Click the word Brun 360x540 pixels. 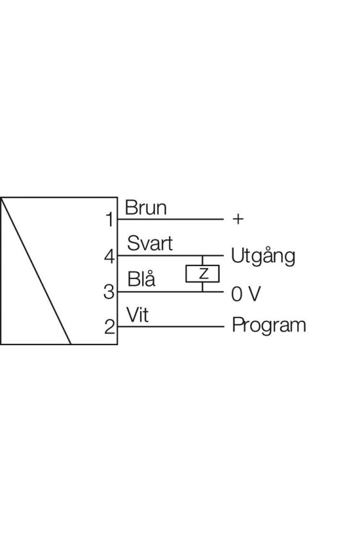pyautogui.click(x=146, y=208)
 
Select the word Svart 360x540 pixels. pyautogui.click(x=150, y=243)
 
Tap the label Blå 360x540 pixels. pyautogui.click(x=141, y=278)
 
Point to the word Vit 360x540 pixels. pyautogui.click(x=138, y=314)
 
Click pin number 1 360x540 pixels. pyautogui.click(x=109, y=219)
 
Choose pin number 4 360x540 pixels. pyautogui.click(x=109, y=256)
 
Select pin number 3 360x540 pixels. pyautogui.click(x=109, y=292)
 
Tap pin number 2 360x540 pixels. pyautogui.click(x=109, y=327)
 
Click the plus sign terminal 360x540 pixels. pyautogui.click(x=238, y=219)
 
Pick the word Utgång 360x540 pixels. pyautogui.click(x=263, y=256)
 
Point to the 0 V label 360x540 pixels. pyautogui.click(x=246, y=294)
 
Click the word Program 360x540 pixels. pyautogui.click(x=269, y=325)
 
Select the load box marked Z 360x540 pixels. pyautogui.click(x=203, y=274)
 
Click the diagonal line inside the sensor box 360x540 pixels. pyautogui.click(x=36, y=271)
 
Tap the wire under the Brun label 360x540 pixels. pyautogui.click(x=170, y=219)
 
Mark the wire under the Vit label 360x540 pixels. pyautogui.click(x=170, y=327)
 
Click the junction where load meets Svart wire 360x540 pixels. pyautogui.click(x=203, y=256)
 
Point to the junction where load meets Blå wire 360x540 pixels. pyautogui.click(x=203, y=292)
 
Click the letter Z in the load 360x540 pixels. pyautogui.click(x=204, y=274)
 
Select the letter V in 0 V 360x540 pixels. pyautogui.click(x=254, y=294)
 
